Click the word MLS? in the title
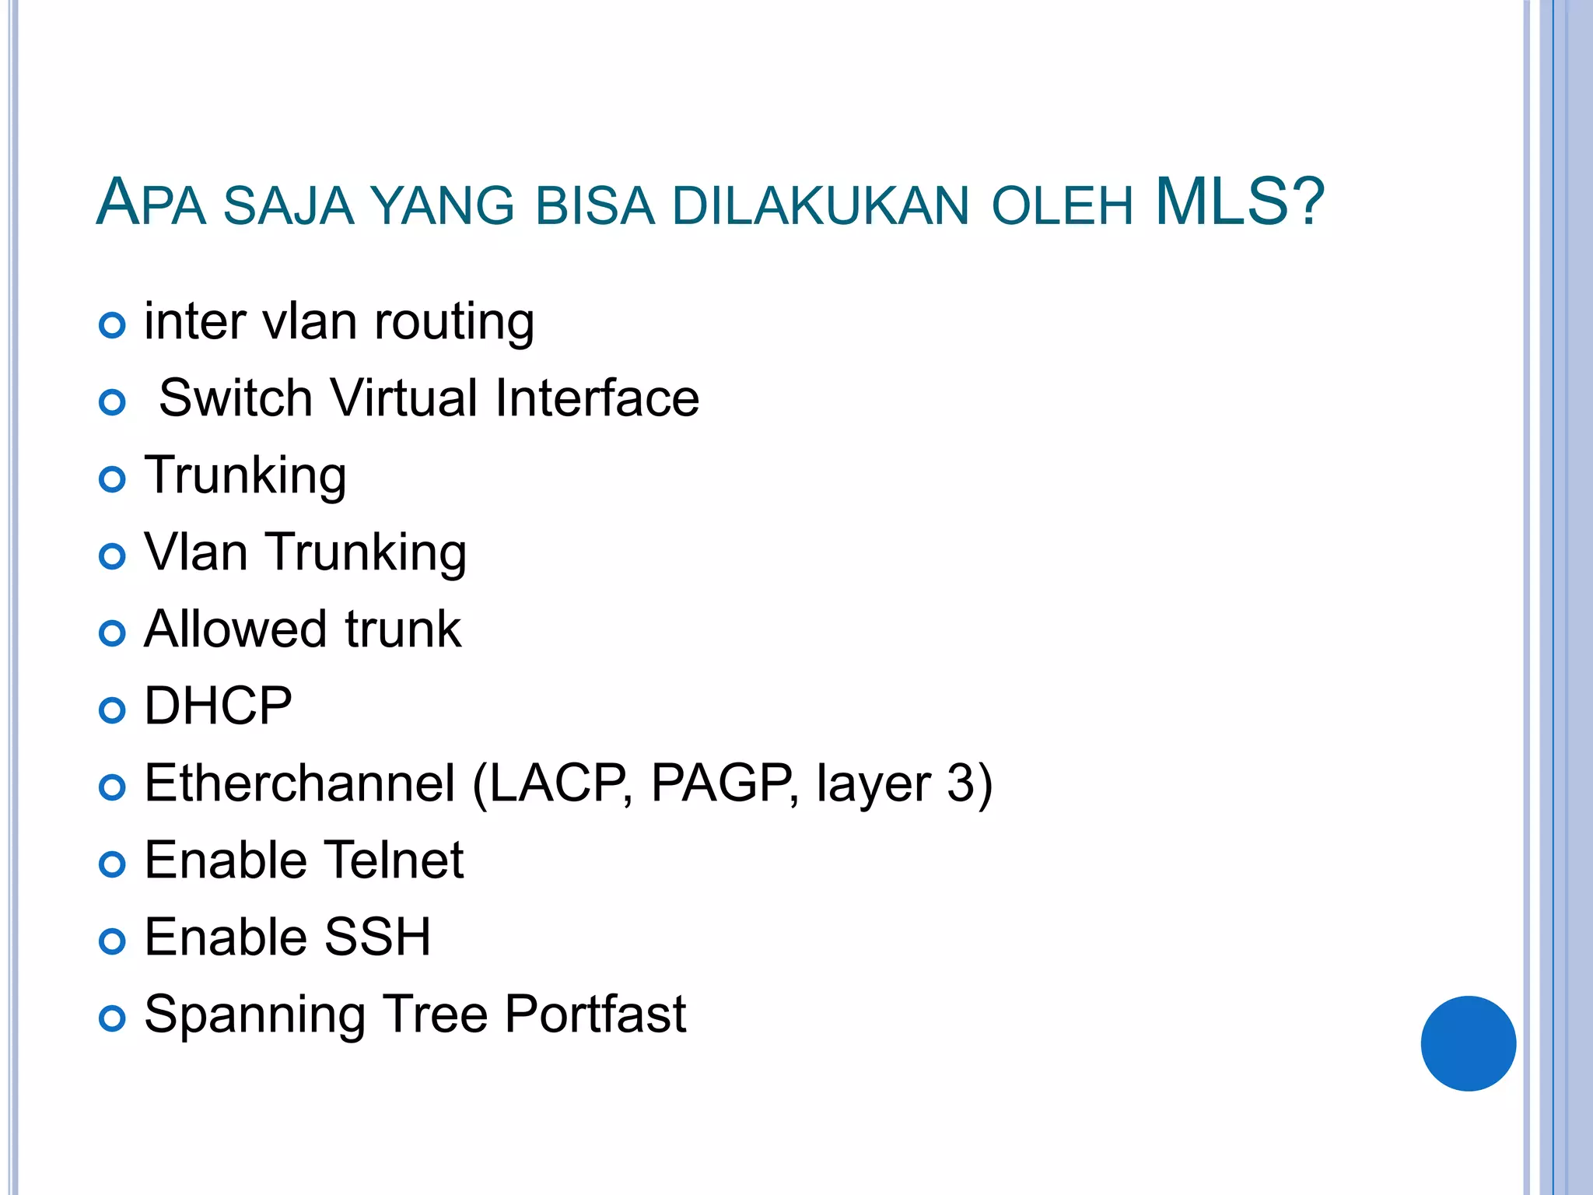(1240, 202)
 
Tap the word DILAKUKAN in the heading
(821, 207)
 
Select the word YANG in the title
(442, 207)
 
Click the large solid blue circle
(1468, 1043)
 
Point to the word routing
(454, 323)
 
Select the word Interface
(597, 398)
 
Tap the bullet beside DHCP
(113, 710)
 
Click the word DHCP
(218, 706)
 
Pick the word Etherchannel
(299, 783)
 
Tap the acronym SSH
(377, 937)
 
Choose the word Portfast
(595, 1014)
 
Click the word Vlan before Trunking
(196, 552)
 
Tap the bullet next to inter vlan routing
(113, 325)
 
